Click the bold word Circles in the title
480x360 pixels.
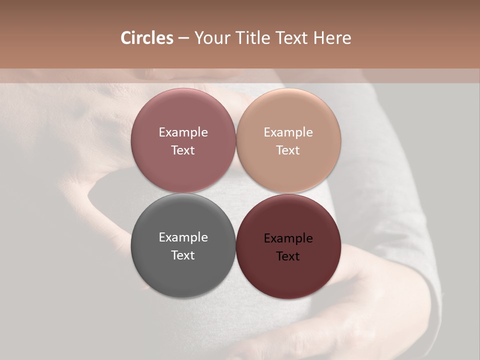click(x=146, y=38)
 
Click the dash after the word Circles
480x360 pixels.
click(x=183, y=38)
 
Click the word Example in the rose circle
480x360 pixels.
click(x=183, y=132)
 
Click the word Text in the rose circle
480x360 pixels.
click(x=183, y=150)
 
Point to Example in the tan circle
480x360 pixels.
click(x=288, y=132)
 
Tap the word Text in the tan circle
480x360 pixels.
click(x=288, y=150)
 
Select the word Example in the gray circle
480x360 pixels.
click(x=183, y=237)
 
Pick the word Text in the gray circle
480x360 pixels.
click(x=183, y=255)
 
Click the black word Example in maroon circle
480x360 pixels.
click(x=288, y=238)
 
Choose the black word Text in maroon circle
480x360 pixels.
click(x=288, y=256)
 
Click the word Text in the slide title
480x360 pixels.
click(x=292, y=38)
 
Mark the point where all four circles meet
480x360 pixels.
click(x=235, y=193)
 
